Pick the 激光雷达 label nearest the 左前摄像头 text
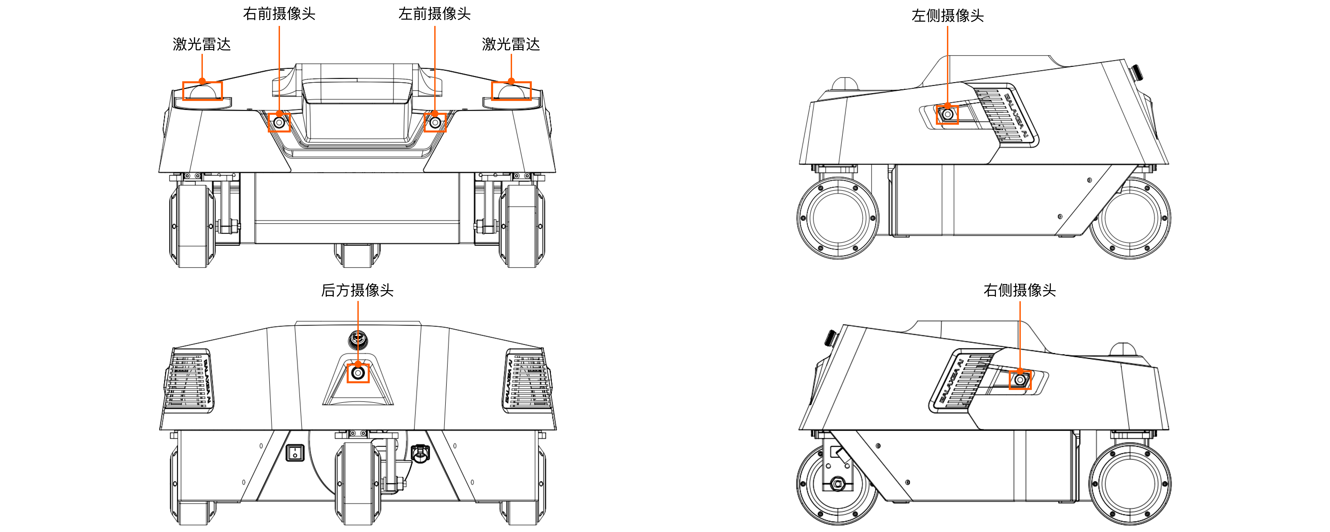coord(511,44)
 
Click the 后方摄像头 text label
coord(357,290)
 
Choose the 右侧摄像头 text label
coord(1020,290)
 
